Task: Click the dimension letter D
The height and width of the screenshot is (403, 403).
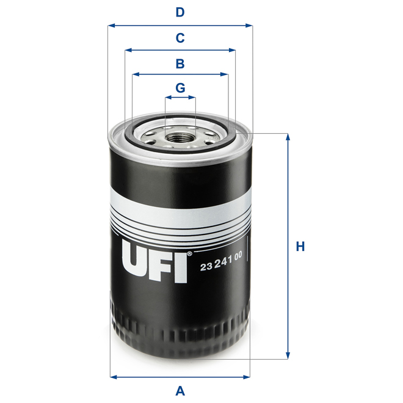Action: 180,12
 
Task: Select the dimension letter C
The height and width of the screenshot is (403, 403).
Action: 180,38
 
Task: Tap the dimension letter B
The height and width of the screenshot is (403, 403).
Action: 180,63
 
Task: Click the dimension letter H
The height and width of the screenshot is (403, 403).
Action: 300,247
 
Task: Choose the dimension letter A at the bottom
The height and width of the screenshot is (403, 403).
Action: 180,390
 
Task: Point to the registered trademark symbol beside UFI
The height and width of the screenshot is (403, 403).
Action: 189,253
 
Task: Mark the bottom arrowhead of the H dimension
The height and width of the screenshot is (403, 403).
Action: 287,356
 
